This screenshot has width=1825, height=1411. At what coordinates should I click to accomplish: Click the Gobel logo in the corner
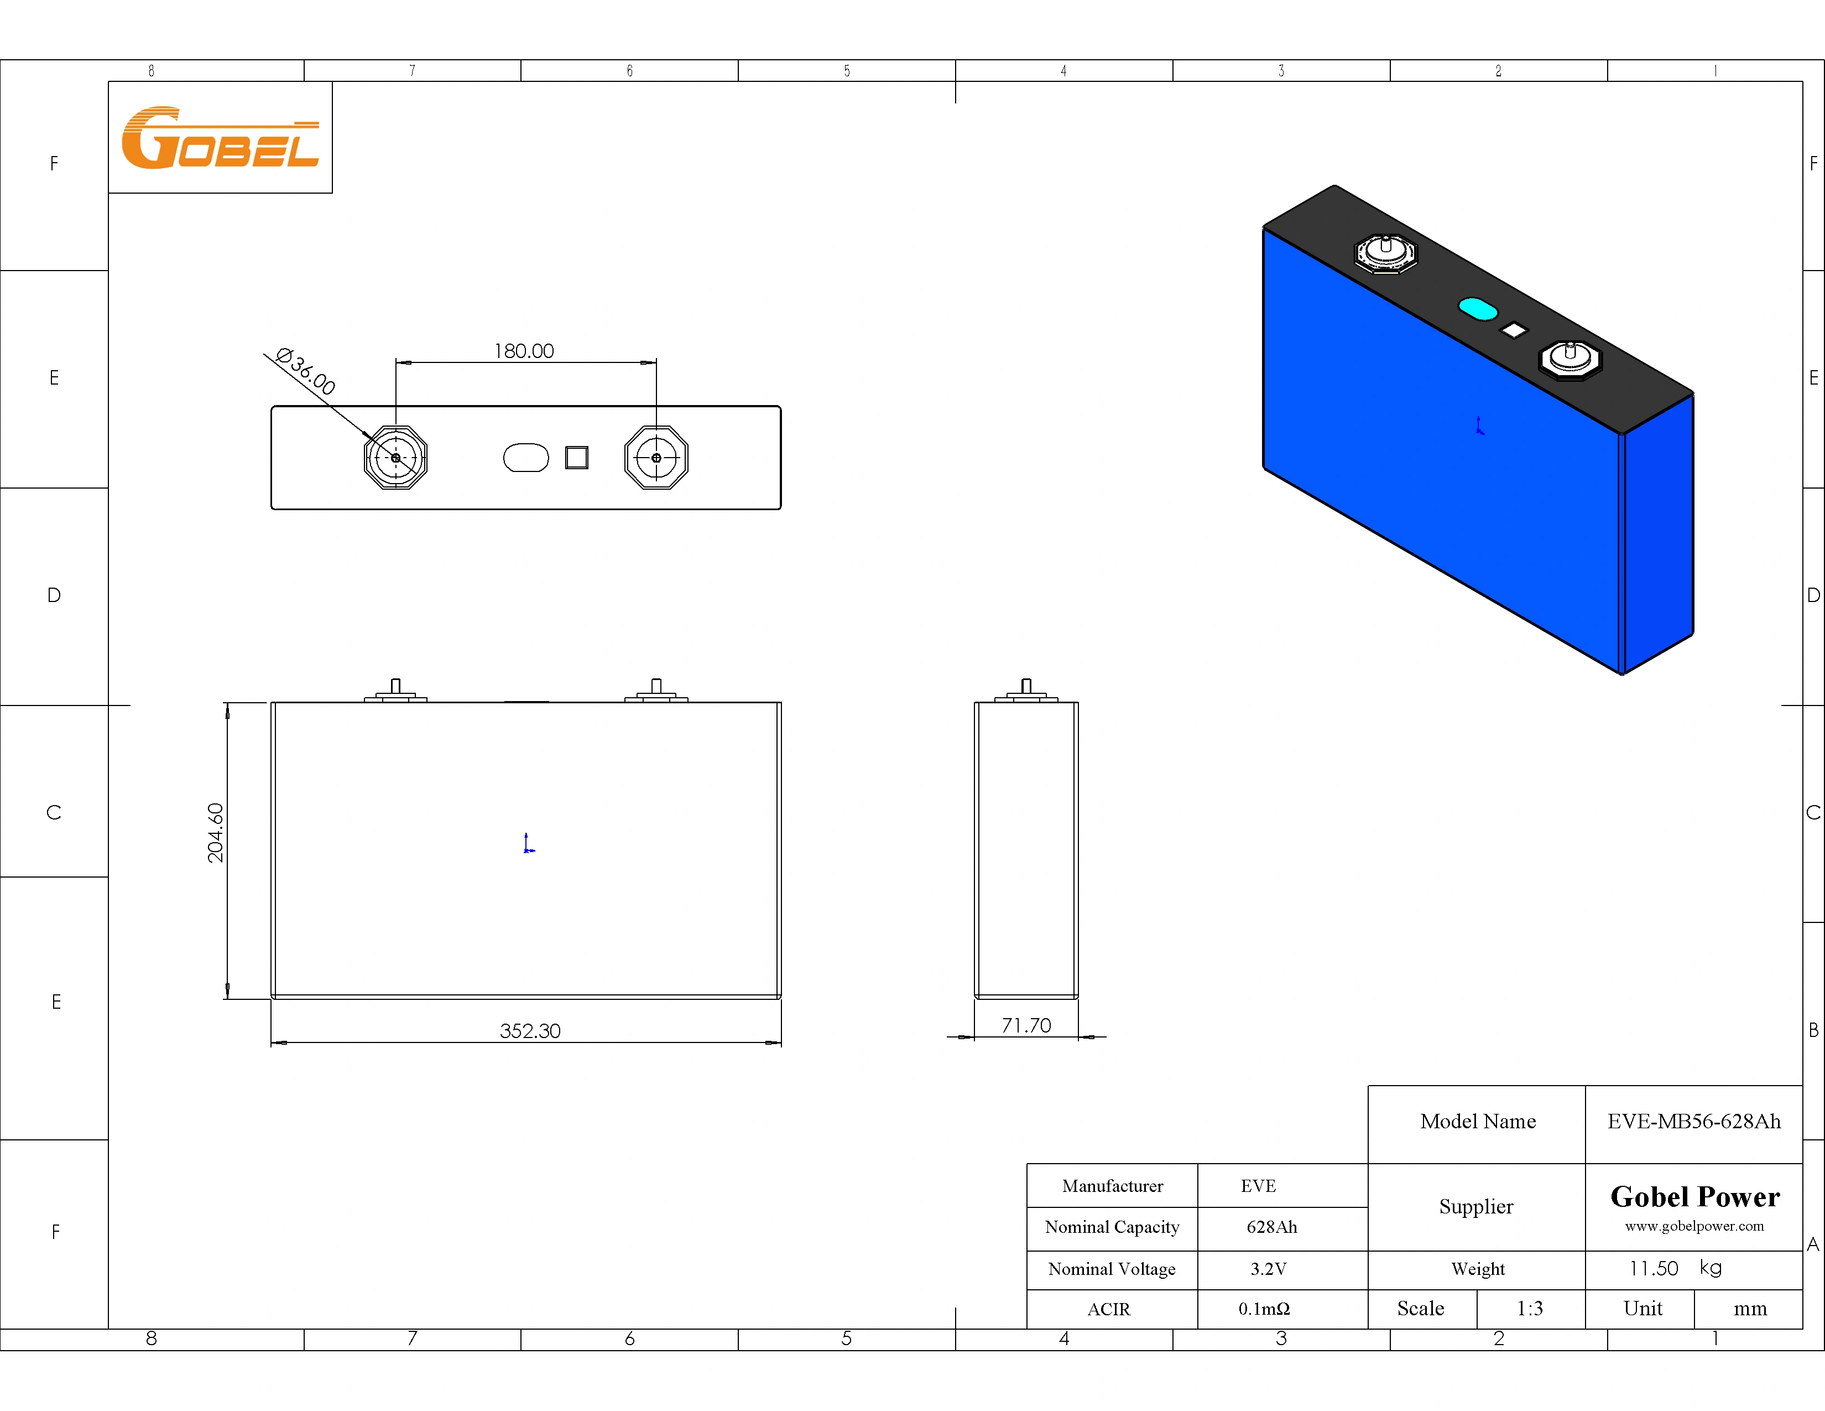221,138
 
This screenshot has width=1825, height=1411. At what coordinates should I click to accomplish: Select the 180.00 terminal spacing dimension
524,351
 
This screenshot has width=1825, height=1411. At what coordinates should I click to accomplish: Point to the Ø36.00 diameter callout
306,371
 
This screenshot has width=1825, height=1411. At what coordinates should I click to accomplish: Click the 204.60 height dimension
216,833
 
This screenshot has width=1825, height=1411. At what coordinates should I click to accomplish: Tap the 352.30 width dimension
530,1031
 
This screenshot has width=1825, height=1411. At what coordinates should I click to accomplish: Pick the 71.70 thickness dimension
1026,1026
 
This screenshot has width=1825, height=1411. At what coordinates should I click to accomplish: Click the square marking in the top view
577,457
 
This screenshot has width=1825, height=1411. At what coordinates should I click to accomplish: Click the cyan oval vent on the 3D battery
1477,308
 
